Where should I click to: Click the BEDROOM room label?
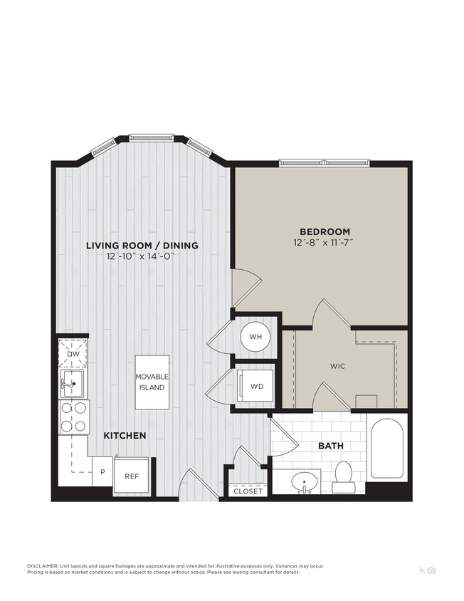[x=325, y=231]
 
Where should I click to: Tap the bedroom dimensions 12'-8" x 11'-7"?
[x=325, y=243]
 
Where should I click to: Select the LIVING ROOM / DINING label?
[x=142, y=246]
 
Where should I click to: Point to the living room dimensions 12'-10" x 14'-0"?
[x=142, y=256]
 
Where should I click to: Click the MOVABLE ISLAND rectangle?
[x=152, y=382]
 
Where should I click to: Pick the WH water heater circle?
[x=255, y=335]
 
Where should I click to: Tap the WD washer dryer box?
[x=255, y=387]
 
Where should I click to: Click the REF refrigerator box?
[x=132, y=476]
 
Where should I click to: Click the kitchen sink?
[x=71, y=383]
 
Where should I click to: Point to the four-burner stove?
[x=73, y=417]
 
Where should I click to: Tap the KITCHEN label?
[x=125, y=435]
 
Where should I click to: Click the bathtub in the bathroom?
[x=386, y=449]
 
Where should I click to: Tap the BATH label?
[x=330, y=446]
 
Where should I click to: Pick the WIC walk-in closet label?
[x=337, y=366]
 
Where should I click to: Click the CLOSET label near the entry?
[x=248, y=491]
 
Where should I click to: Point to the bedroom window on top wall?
[x=324, y=162]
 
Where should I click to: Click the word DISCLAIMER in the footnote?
[x=46, y=566]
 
